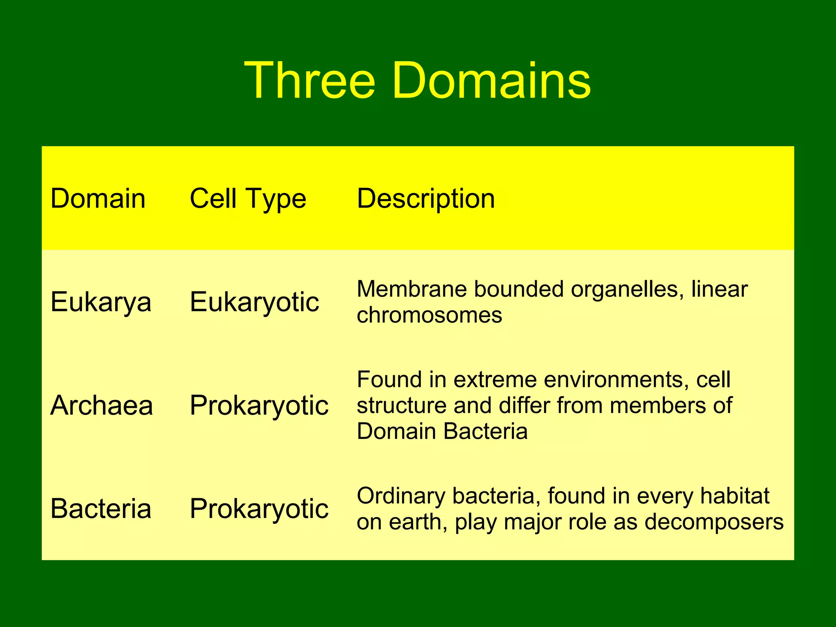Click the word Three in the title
pyautogui.click(x=309, y=80)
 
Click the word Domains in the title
pyautogui.click(x=491, y=80)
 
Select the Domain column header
pyautogui.click(x=98, y=199)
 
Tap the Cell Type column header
pyautogui.click(x=248, y=199)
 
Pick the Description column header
pyautogui.click(x=426, y=199)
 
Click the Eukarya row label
pyautogui.click(x=101, y=302)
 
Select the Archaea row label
pyautogui.click(x=102, y=406)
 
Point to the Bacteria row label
pyautogui.click(x=101, y=509)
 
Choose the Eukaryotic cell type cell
pyautogui.click(x=254, y=302)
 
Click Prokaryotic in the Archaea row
pyautogui.click(x=259, y=406)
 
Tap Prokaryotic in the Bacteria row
pyautogui.click(x=259, y=509)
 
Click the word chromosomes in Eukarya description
pyautogui.click(x=429, y=316)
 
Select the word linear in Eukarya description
pyautogui.click(x=719, y=289)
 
